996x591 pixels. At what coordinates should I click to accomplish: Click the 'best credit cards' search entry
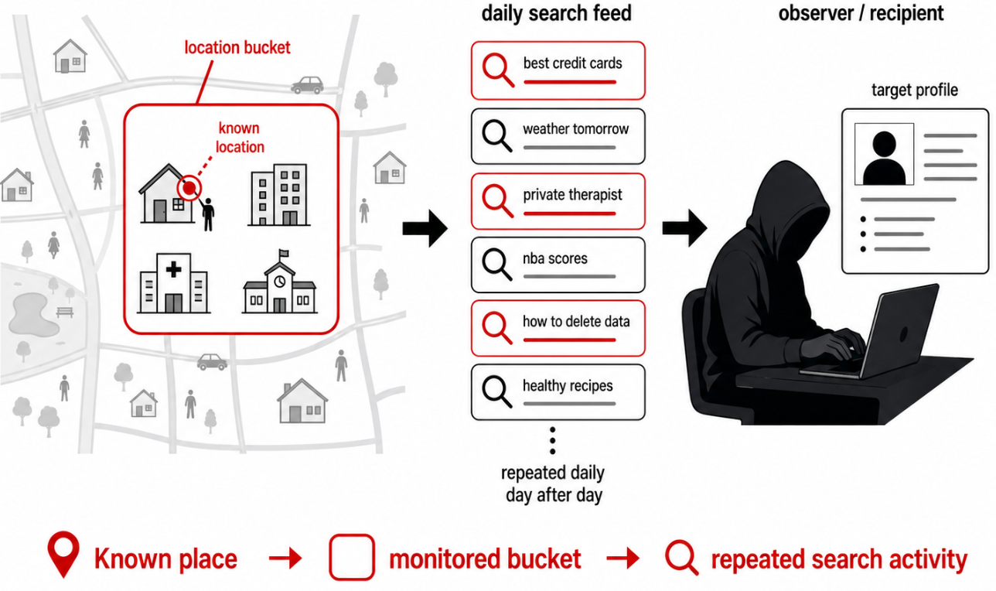point(558,70)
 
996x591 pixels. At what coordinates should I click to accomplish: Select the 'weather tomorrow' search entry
point(558,136)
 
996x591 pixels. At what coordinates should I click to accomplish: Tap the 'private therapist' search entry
point(558,201)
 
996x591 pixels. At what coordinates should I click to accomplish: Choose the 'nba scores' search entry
point(558,265)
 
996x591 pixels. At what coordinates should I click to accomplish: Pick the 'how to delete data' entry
point(558,328)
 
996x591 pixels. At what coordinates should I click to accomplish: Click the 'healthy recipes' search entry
point(558,392)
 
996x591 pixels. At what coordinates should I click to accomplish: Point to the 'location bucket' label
point(237,48)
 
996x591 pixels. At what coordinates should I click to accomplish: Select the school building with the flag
point(279,284)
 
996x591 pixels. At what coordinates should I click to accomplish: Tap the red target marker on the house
point(188,187)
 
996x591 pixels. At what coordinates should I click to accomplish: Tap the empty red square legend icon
point(352,557)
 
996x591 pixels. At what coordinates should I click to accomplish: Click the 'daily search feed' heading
point(556,13)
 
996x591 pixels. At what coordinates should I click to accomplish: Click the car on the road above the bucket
point(307,85)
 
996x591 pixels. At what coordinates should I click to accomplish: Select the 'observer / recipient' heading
point(861,13)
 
